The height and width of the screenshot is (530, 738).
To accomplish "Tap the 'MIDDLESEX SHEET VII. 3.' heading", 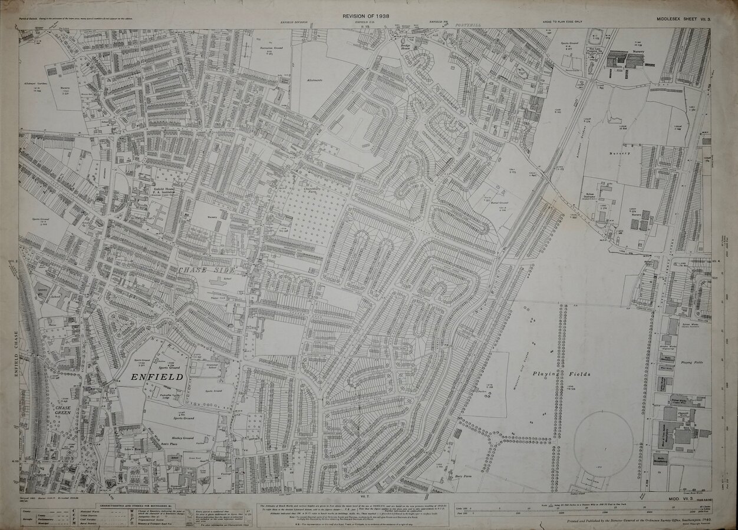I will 683,21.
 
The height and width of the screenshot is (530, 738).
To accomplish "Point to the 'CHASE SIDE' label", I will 195,270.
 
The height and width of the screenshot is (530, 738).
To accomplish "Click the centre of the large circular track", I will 603,441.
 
